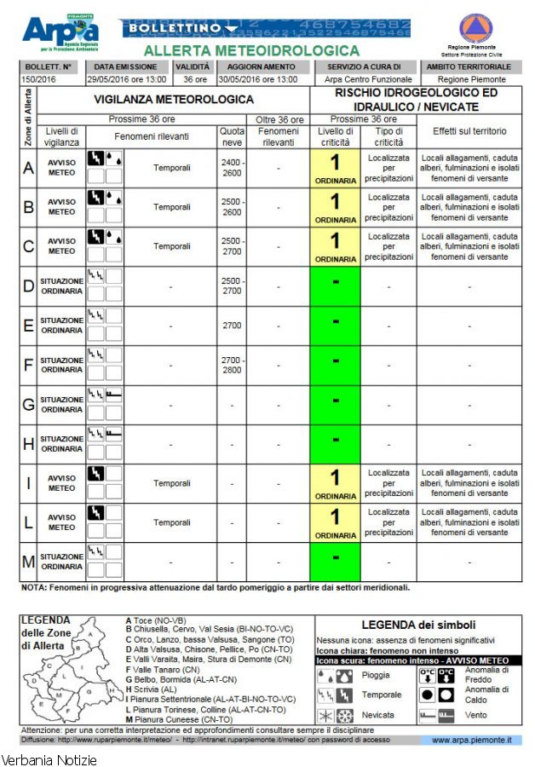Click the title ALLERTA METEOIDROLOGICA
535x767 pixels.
pyautogui.click(x=251, y=51)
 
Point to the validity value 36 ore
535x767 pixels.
pyautogui.click(x=187, y=79)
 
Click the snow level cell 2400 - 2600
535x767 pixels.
pyautogui.click(x=232, y=168)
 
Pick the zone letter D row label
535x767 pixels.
pyautogui.click(x=28, y=286)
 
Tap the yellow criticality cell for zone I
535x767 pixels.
pyautogui.click(x=336, y=483)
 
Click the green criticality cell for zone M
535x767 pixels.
pyautogui.click(x=336, y=561)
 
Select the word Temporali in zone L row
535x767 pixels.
pyautogui.click(x=172, y=522)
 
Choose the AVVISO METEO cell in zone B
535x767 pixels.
pyautogui.click(x=61, y=207)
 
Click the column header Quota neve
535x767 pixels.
pyautogui.click(x=232, y=136)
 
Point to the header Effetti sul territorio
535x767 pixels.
pyautogui.click(x=469, y=131)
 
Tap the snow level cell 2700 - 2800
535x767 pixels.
pyautogui.click(x=232, y=365)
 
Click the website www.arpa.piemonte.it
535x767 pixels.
pyautogui.click(x=471, y=740)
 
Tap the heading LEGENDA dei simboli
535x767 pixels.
pyautogui.click(x=417, y=626)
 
